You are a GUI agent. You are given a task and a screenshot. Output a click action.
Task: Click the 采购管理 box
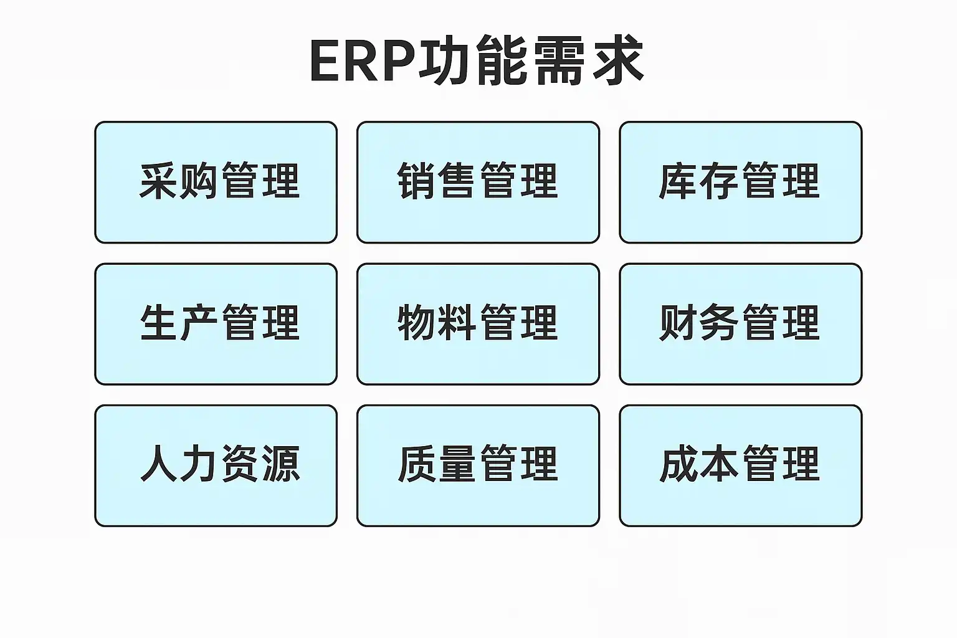coord(216,183)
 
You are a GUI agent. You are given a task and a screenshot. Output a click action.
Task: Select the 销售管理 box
coord(478,183)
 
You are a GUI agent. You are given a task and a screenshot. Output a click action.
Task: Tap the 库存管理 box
coord(741,183)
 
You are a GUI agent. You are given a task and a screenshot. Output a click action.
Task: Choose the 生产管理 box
coord(216,324)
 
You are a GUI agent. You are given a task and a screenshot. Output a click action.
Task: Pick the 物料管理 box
coord(478,324)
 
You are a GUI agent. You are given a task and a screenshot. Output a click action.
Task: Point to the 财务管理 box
coord(741,324)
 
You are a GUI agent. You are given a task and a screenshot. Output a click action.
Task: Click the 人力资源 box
coord(216,466)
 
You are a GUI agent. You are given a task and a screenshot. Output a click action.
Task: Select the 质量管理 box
coord(478,466)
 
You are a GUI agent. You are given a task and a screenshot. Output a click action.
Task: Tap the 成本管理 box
coord(741,466)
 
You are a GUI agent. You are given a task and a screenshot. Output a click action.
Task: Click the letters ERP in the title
coord(364,60)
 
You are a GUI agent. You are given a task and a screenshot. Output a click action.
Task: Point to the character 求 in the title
coord(618,60)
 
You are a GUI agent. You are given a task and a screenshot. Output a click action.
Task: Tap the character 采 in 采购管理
coord(158,180)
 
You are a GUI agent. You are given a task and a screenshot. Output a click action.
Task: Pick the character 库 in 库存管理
coord(678,180)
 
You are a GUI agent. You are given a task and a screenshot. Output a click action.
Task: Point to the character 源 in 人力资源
coord(281,464)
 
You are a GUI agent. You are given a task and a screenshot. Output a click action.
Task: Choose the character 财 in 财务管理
coord(678,322)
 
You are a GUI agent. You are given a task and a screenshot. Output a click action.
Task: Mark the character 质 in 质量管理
coord(417,464)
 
